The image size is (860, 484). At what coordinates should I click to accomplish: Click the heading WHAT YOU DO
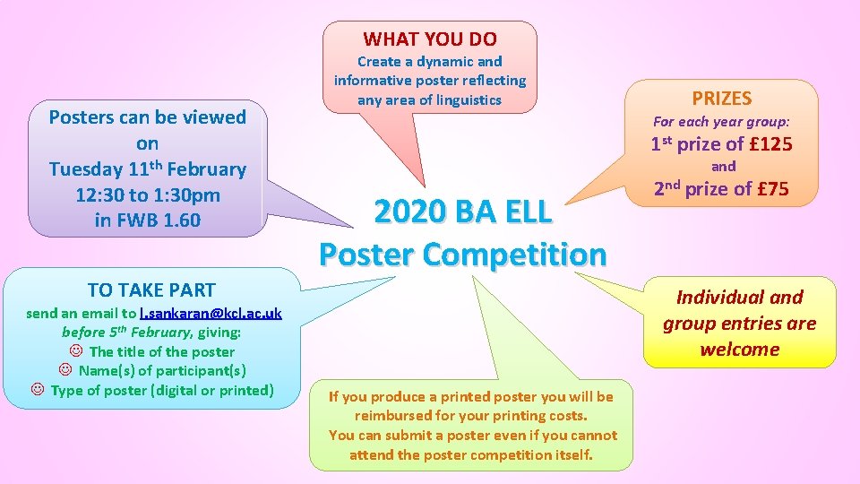point(430,39)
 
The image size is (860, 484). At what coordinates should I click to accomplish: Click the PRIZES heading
point(721,99)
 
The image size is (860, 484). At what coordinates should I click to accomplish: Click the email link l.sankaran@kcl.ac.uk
point(211,313)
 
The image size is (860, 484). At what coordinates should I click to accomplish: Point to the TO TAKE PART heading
point(151,290)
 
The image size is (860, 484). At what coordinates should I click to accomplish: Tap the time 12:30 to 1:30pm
point(148,194)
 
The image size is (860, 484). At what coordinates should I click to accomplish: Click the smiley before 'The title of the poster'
point(75,351)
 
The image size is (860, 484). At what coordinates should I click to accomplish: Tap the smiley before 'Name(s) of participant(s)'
point(64,370)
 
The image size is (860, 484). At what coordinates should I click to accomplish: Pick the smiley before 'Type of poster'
point(37,390)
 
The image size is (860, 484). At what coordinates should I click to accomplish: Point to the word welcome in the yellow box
point(740,349)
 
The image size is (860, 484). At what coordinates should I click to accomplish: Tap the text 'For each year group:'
point(721,121)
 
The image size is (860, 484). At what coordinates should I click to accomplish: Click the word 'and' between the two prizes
point(723,167)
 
